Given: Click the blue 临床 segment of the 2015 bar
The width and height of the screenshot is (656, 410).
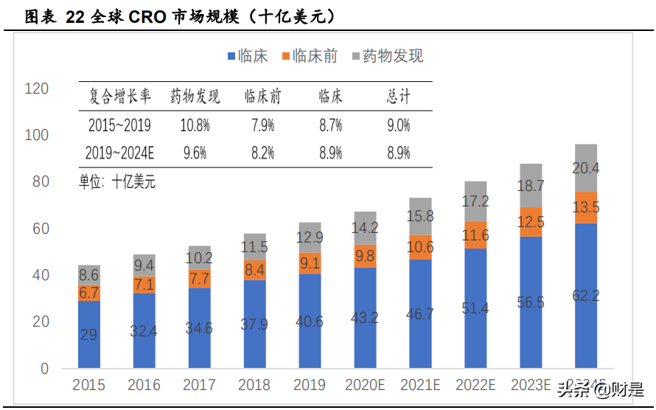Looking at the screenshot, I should click(88, 334).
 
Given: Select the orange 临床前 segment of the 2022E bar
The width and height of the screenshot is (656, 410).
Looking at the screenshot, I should click(475, 234).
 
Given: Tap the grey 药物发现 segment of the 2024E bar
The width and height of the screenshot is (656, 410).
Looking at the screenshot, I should click(586, 167).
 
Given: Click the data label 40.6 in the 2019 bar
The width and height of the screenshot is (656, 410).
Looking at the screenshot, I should click(310, 322).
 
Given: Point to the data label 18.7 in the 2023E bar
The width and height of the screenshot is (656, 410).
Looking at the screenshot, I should click(531, 186).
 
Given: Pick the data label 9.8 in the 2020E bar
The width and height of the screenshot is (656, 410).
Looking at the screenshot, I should click(365, 256).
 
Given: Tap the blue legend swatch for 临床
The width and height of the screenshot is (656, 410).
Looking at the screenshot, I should click(231, 57).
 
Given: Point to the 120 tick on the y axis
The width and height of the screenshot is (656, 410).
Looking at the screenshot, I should click(36, 89).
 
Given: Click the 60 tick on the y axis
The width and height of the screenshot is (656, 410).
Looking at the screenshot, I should click(40, 229).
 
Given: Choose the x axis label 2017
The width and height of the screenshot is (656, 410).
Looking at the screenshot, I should click(199, 386).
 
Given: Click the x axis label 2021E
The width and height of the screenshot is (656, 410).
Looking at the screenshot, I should click(420, 386).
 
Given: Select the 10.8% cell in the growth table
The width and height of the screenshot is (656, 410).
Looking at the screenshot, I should click(195, 125).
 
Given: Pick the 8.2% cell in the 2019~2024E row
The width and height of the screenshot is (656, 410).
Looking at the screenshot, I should click(262, 153).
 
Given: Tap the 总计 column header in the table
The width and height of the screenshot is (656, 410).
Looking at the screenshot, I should click(398, 96).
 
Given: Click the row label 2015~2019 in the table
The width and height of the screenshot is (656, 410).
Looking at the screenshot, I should click(119, 125).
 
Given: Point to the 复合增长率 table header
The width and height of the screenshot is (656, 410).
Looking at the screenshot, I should click(119, 96).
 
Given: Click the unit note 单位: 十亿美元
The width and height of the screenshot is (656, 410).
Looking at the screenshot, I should click(117, 181).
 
